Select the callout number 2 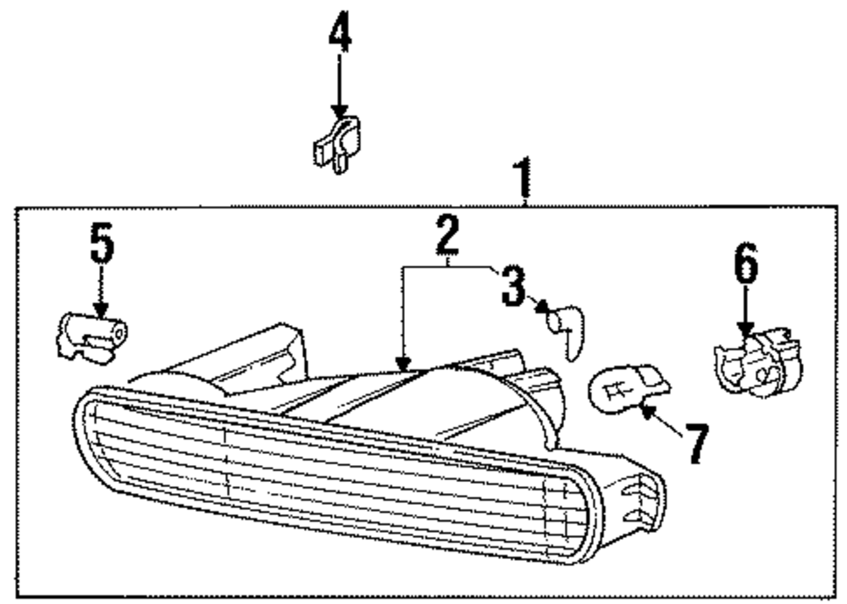pyautogui.click(x=448, y=236)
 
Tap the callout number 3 pyautogui.click(x=513, y=285)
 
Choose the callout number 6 pyautogui.click(x=745, y=263)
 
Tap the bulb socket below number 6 pyautogui.click(x=756, y=367)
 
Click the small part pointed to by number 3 pyautogui.click(x=564, y=327)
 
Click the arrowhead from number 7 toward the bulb pyautogui.click(x=645, y=411)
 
